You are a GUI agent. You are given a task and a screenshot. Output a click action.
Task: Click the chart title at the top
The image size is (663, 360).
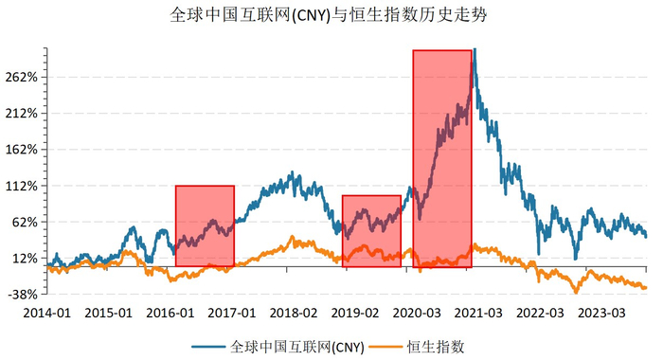point(331,15)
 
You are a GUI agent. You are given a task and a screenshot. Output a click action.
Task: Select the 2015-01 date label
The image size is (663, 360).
point(109,312)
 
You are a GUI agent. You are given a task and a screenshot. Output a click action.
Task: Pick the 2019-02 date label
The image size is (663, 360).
point(356,312)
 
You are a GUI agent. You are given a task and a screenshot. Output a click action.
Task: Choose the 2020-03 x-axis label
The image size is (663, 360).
point(418,312)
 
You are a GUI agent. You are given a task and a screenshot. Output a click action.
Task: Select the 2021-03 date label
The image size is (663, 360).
point(479,312)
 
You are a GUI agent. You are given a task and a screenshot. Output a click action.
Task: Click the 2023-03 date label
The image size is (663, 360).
point(602,312)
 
